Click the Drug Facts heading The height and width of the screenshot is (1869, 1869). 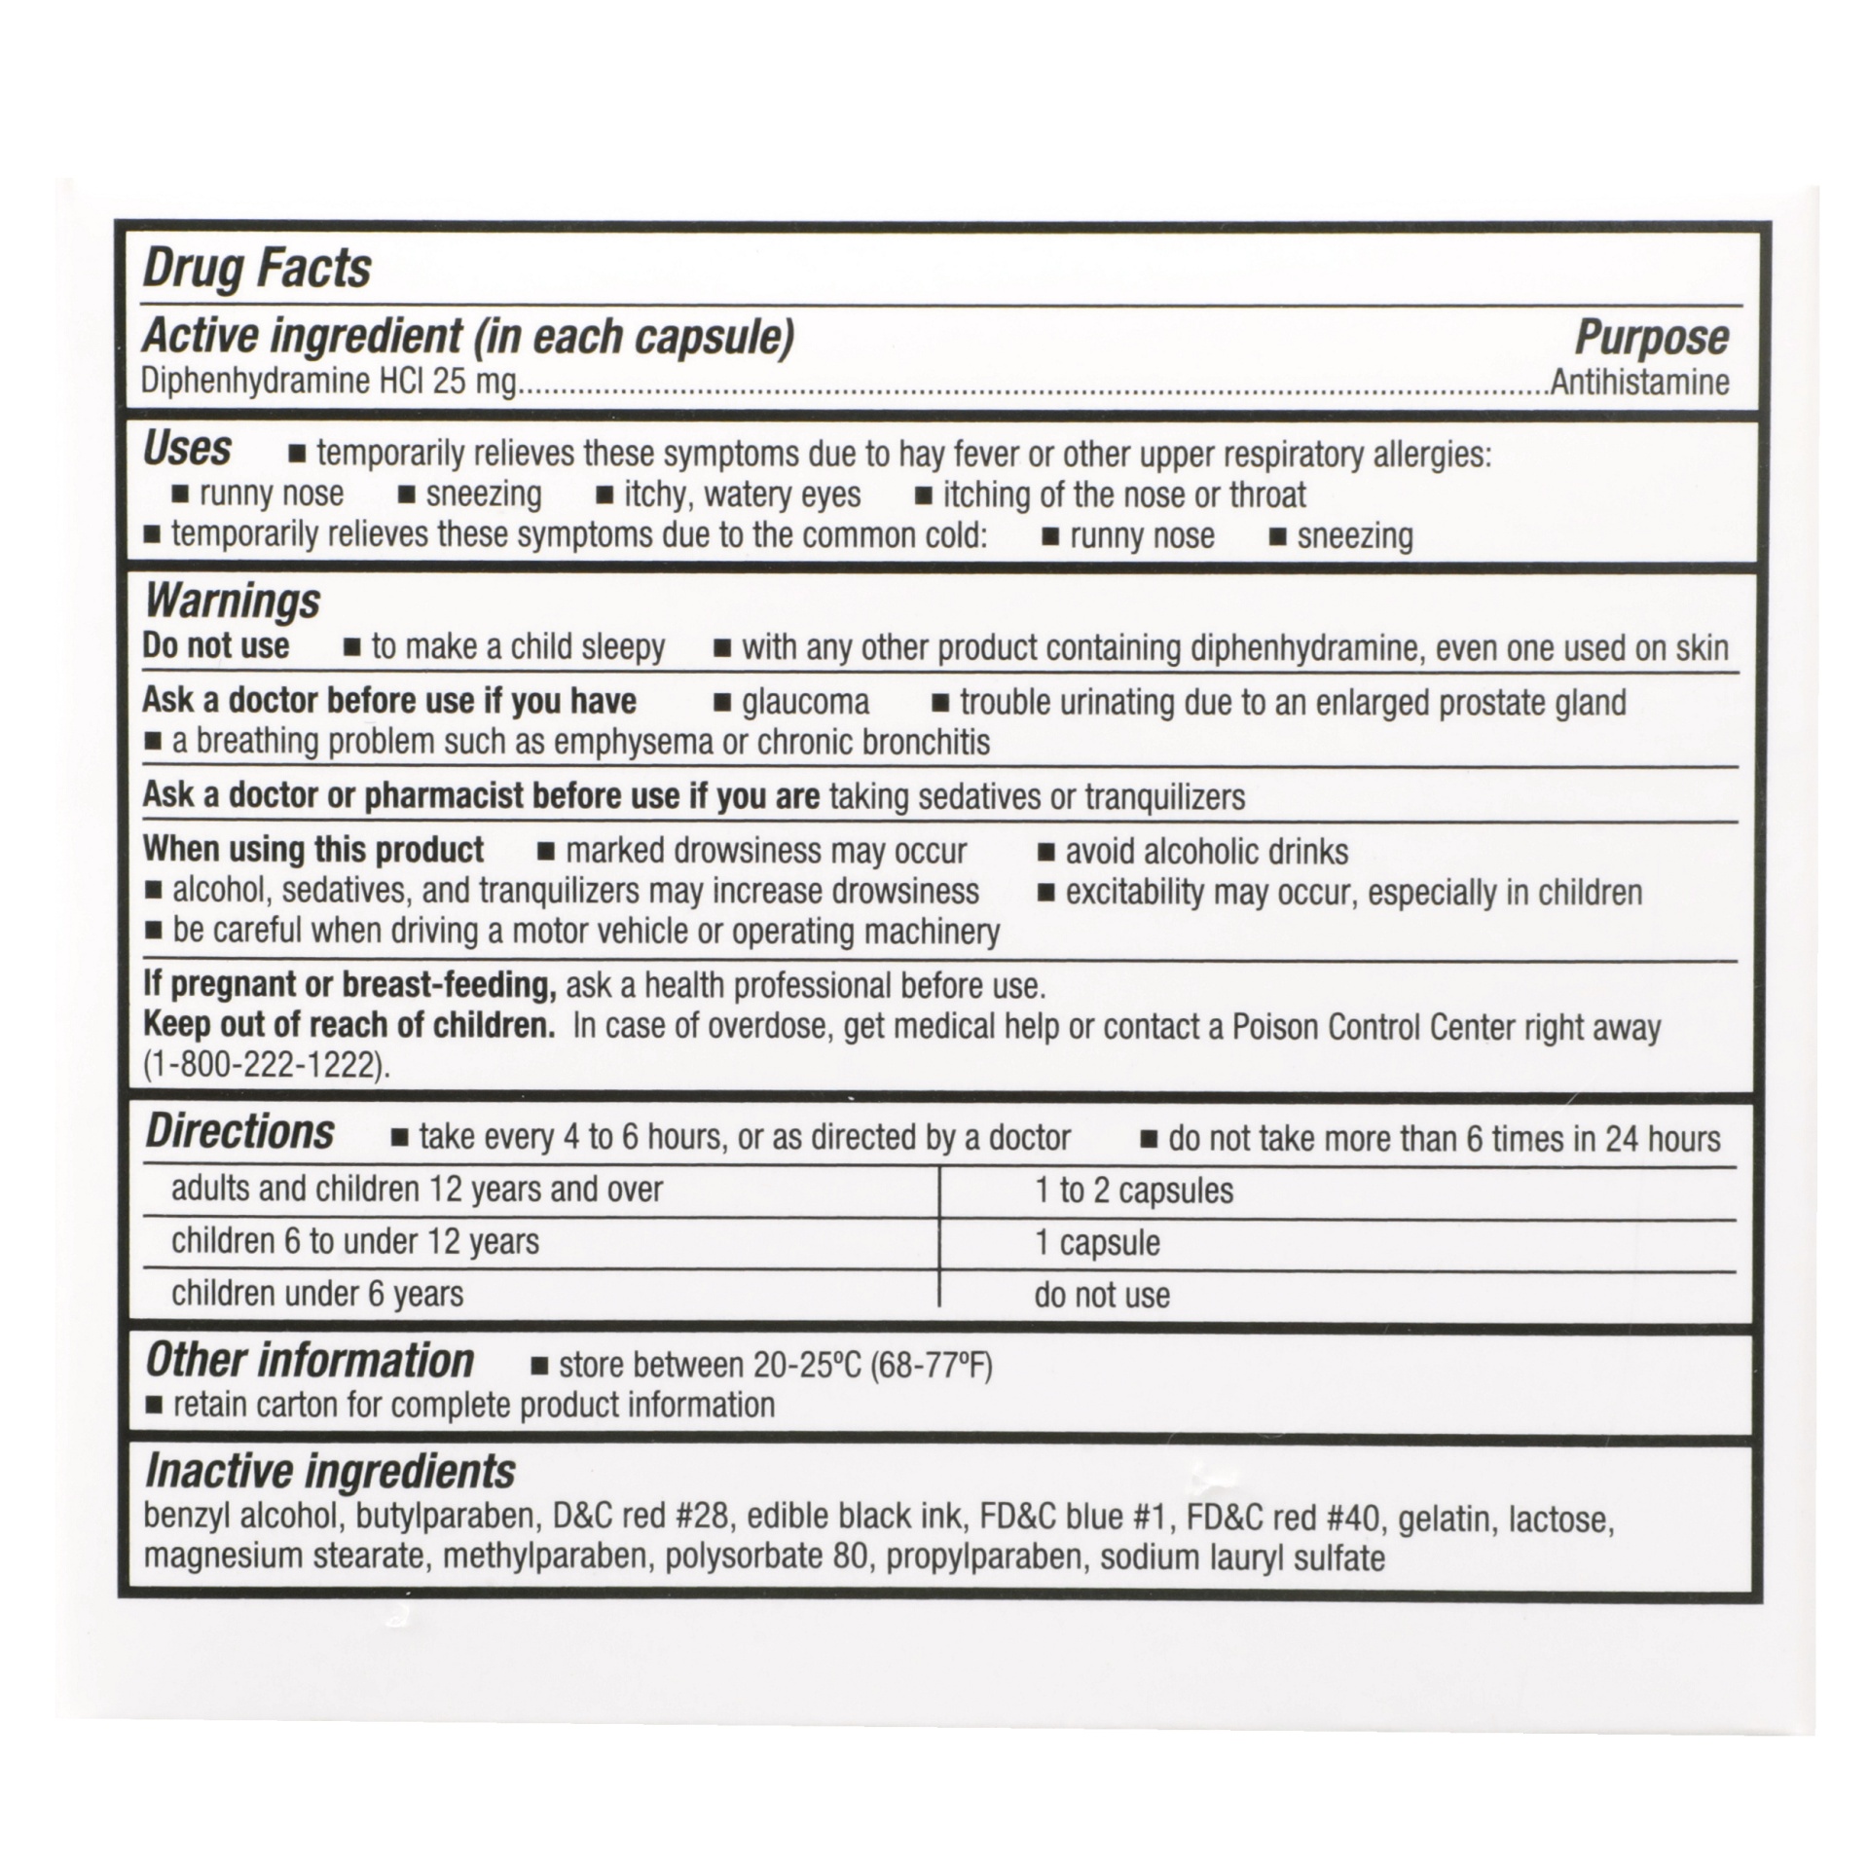point(257,269)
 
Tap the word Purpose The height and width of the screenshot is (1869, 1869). point(1651,338)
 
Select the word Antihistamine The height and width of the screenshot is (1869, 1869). point(1639,383)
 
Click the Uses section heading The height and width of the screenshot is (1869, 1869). point(187,450)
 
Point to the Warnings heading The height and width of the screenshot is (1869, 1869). point(232,601)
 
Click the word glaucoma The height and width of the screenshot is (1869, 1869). point(805,702)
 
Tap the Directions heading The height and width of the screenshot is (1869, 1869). point(239,1132)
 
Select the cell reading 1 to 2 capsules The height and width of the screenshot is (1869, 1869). point(1133,1191)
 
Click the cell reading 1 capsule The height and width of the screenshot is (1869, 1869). point(1097,1243)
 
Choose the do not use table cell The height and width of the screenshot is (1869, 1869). point(1102,1295)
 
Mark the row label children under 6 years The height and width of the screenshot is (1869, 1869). point(317,1294)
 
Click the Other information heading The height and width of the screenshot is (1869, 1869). point(310,1361)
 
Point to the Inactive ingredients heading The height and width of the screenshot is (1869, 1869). point(330,1471)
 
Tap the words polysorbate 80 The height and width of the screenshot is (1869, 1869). point(766,1557)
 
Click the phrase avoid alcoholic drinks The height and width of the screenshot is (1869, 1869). point(1206,852)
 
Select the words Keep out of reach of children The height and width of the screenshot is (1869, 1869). point(348,1025)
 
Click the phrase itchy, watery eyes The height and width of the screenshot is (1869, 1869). point(742,495)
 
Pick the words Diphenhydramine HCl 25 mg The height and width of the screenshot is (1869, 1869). point(328,382)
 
